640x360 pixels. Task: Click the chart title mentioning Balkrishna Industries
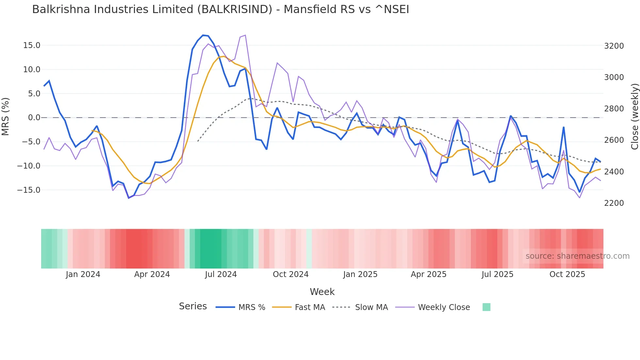220,9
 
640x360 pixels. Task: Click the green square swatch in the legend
486,307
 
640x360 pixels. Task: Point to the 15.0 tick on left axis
32,45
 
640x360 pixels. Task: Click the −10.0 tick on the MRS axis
29,166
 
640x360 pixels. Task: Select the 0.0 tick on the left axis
34,118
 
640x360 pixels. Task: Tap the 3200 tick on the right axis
614,46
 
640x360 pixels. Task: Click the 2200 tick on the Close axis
614,203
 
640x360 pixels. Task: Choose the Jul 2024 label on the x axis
221,274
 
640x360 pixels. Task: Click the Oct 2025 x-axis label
567,274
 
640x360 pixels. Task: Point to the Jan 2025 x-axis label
360,274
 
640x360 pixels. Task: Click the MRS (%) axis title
6,117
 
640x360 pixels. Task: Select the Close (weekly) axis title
634,117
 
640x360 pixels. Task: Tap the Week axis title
322,292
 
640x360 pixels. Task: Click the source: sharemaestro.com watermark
577,256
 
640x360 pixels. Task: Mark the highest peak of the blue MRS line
203,35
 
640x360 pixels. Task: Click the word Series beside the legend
193,306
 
